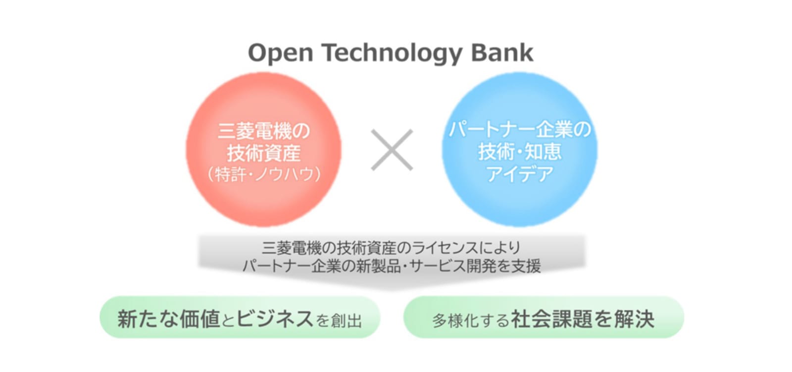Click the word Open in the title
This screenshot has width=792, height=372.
click(x=281, y=53)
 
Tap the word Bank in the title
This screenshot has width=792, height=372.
click(x=502, y=53)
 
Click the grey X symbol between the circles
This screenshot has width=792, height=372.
click(x=392, y=150)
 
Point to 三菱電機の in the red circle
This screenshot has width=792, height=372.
click(x=264, y=131)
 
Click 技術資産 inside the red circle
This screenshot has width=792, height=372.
click(x=264, y=153)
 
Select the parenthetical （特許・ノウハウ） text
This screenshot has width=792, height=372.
click(x=264, y=174)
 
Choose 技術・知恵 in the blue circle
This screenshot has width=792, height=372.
click(x=520, y=152)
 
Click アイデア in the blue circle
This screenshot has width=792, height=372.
click(x=520, y=174)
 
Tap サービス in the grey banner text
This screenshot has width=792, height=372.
click(x=437, y=266)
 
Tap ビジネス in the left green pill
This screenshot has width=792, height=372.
click(x=275, y=319)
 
